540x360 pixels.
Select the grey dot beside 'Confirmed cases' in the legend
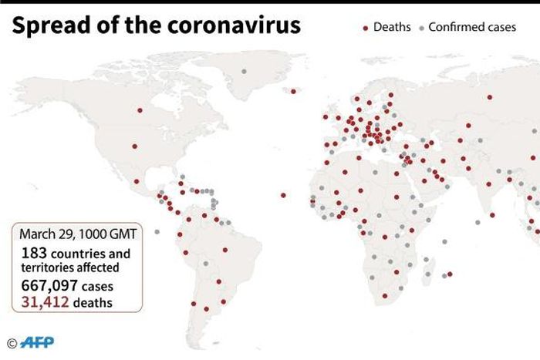[420, 28]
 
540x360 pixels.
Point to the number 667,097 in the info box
[48, 285]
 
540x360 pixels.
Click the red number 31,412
[46, 302]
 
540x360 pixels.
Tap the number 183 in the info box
[34, 253]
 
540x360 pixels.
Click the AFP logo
[37, 342]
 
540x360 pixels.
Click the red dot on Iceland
[293, 92]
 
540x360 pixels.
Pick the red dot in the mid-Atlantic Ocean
[283, 195]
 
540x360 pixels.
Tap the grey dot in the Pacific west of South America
[157, 231]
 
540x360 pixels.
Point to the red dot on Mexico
[137, 182]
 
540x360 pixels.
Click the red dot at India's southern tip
[491, 214]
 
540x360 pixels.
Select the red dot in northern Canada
[140, 109]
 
